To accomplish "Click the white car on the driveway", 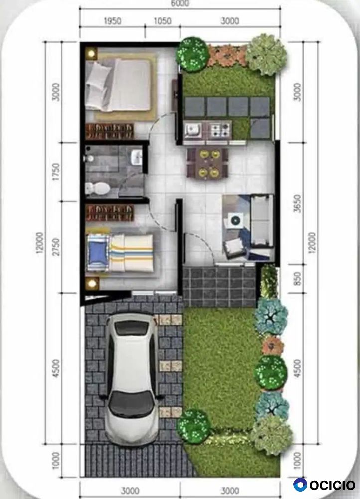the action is point(131,379).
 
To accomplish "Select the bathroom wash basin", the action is point(136,157).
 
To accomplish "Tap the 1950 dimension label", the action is point(112,21).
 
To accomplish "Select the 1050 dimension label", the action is point(163,21).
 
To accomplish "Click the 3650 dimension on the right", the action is point(297,204).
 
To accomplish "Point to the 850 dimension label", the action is point(297,279).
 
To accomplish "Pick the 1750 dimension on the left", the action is point(56,172).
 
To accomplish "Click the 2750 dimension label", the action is point(56,247).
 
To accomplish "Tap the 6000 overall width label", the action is point(180,3).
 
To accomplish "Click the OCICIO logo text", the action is point(332,485).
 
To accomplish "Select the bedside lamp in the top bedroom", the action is point(92,53).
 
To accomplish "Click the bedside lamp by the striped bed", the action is point(92,283).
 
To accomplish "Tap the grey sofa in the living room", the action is point(262,220).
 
